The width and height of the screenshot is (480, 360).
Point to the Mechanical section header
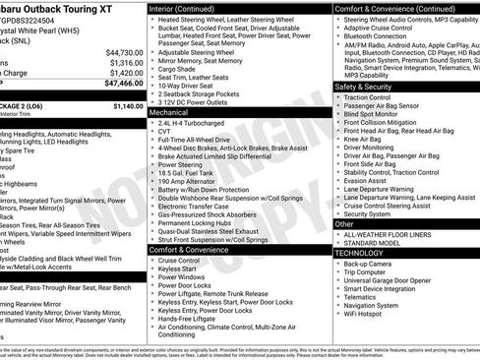[169, 113]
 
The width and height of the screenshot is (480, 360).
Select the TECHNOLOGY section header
[362, 253]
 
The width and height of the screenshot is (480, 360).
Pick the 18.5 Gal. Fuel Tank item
[188, 172]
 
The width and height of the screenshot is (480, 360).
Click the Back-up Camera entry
[370, 264]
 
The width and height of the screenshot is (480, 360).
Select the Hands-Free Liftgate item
[188, 318]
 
